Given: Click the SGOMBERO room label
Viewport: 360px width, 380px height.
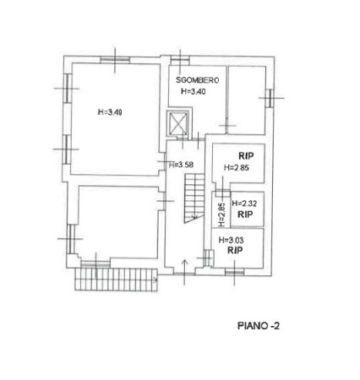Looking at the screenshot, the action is [x=197, y=80].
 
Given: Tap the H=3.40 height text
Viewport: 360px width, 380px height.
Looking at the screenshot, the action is [x=194, y=91].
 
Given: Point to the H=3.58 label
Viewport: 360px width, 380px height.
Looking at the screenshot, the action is [x=181, y=165].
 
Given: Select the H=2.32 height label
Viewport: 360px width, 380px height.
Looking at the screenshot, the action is [x=244, y=204].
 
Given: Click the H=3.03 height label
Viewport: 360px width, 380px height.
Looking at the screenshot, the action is [x=232, y=240].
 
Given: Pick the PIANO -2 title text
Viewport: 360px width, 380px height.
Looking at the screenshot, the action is [x=259, y=326].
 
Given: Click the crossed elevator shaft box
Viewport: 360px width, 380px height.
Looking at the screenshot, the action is [x=178, y=123].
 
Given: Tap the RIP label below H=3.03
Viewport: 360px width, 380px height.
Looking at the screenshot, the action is [x=235, y=250].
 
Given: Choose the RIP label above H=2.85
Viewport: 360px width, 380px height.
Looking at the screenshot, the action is [x=246, y=155].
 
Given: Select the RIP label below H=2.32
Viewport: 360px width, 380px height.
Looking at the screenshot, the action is [x=245, y=214].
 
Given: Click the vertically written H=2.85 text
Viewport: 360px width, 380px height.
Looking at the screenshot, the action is [x=221, y=214].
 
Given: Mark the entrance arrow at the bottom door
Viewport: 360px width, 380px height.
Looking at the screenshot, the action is [x=184, y=272].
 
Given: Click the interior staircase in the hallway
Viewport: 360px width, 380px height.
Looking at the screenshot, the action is [x=194, y=198].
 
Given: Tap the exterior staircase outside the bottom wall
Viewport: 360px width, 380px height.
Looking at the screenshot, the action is [x=116, y=280].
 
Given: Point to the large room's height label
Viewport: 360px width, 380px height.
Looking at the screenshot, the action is [x=110, y=112].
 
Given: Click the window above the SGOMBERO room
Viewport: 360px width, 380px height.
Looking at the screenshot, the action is [x=180, y=58].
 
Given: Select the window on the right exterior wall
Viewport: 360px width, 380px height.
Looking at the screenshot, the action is [x=270, y=98].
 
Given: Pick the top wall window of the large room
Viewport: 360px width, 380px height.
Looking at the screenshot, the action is [x=115, y=59].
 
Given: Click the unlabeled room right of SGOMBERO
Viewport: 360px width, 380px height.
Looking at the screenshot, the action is [x=247, y=100].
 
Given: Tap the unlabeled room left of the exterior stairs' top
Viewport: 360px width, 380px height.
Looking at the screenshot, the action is [x=118, y=222].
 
